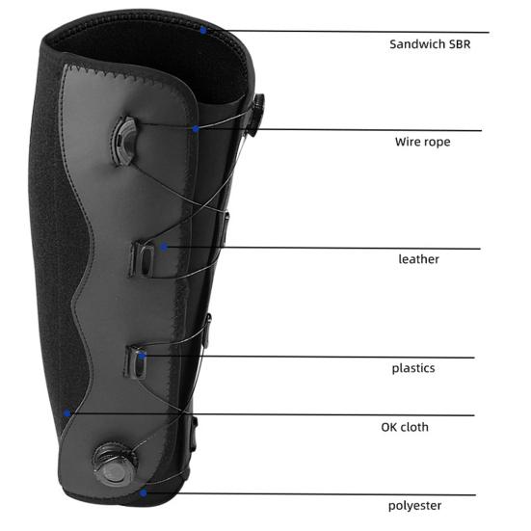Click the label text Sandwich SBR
point(430,44)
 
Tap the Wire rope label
point(423,142)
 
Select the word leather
point(418,259)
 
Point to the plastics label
point(413,368)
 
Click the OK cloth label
point(405,427)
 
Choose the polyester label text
point(414,506)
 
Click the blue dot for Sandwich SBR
point(203,31)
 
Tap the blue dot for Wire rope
point(196,129)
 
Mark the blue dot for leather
point(164,247)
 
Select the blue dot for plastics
point(142,356)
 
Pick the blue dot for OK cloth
point(67,413)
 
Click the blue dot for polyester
point(144,493)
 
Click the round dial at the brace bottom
point(115,464)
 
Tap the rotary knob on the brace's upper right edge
point(256,115)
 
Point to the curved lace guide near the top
point(123,141)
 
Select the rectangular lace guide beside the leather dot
point(143,259)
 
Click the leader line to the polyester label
point(309,494)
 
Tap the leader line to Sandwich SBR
point(346,32)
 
